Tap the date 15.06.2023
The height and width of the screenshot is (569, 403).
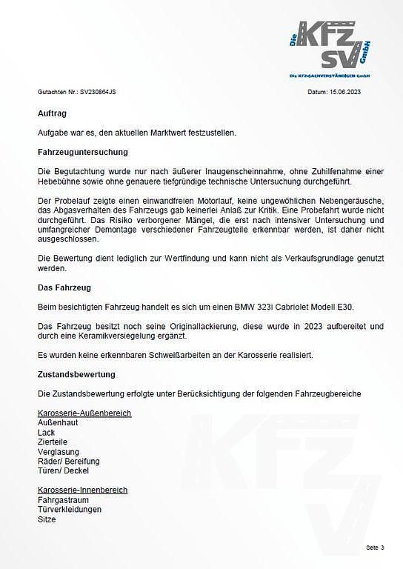click(x=345, y=93)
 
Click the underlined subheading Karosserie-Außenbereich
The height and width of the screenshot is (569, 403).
click(x=84, y=412)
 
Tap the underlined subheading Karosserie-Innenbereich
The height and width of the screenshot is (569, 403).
click(x=82, y=490)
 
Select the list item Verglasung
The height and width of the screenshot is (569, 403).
click(x=58, y=451)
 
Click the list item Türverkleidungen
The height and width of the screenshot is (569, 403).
click(x=70, y=510)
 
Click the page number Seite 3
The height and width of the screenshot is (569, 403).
click(x=374, y=548)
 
